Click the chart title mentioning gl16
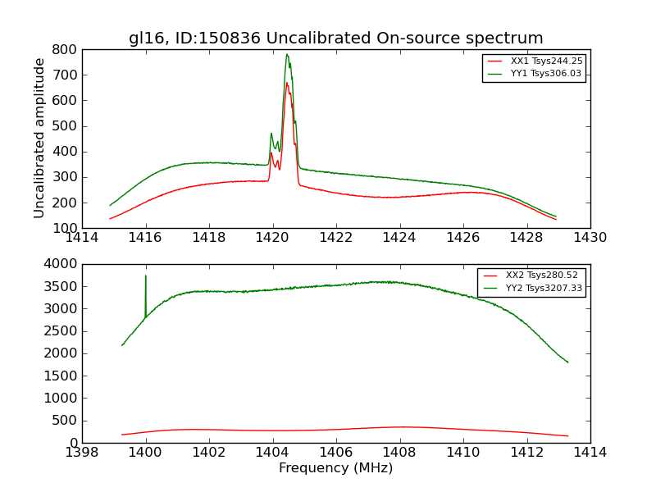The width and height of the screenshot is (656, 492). click(x=335, y=38)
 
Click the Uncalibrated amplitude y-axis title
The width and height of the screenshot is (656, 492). click(x=39, y=138)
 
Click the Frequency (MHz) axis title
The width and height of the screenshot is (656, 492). click(x=335, y=468)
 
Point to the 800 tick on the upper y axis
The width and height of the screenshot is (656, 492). click(x=66, y=49)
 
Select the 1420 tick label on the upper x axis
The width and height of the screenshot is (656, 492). click(x=272, y=238)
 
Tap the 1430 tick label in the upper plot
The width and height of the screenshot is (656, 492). click(x=590, y=238)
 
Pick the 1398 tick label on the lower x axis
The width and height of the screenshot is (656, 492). click(x=82, y=453)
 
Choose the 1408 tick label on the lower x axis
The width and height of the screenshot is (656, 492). click(x=399, y=453)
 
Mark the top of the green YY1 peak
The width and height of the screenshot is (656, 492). click(x=287, y=55)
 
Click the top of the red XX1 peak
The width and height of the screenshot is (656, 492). click(x=287, y=83)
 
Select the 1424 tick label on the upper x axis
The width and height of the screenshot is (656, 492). click(x=399, y=238)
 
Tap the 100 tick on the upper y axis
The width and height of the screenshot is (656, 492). click(x=66, y=228)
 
